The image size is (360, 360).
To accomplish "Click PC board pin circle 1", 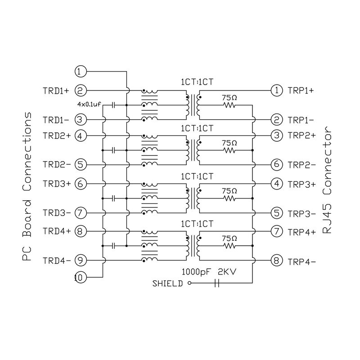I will [80, 71].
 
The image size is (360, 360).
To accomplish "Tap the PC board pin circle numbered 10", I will [80, 278].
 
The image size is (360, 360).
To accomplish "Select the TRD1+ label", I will [56, 90].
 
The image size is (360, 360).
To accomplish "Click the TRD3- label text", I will [56, 212].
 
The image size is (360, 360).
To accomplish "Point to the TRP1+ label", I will [301, 90].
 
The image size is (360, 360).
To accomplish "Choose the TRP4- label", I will [301, 261].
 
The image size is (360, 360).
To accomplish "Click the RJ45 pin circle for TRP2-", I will [276, 164].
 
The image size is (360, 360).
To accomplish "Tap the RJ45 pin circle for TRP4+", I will [276, 232].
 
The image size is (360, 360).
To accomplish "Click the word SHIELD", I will [168, 283].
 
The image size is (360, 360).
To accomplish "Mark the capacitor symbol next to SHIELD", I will [217, 283].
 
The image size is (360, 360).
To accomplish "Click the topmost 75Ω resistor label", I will [229, 97].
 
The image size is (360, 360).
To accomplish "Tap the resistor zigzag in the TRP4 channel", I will [229, 246].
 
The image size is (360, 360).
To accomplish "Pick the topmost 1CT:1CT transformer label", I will [197, 82].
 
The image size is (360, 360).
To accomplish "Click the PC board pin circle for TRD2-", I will [80, 164].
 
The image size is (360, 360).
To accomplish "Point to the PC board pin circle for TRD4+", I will [80, 231].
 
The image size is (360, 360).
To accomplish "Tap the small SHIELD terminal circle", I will [189, 283].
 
